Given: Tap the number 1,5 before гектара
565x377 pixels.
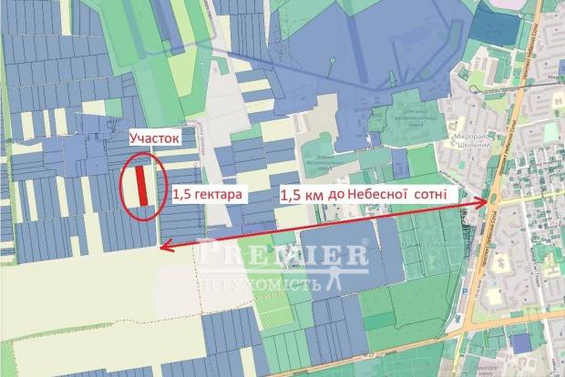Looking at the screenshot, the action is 183,193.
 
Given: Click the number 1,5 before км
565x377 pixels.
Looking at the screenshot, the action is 293,194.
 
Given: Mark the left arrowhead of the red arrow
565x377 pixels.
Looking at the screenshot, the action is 162,245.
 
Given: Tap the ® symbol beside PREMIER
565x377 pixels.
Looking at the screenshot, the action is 365,243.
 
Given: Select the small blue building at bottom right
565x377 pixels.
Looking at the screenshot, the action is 519,342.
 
